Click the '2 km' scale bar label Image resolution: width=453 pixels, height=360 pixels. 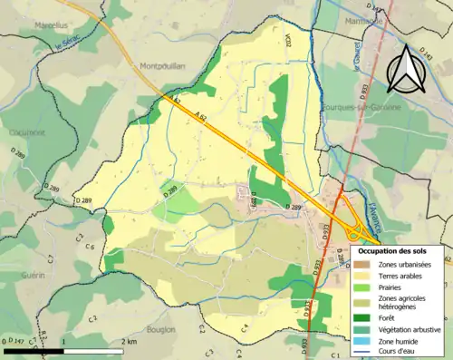(x=132, y=341)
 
